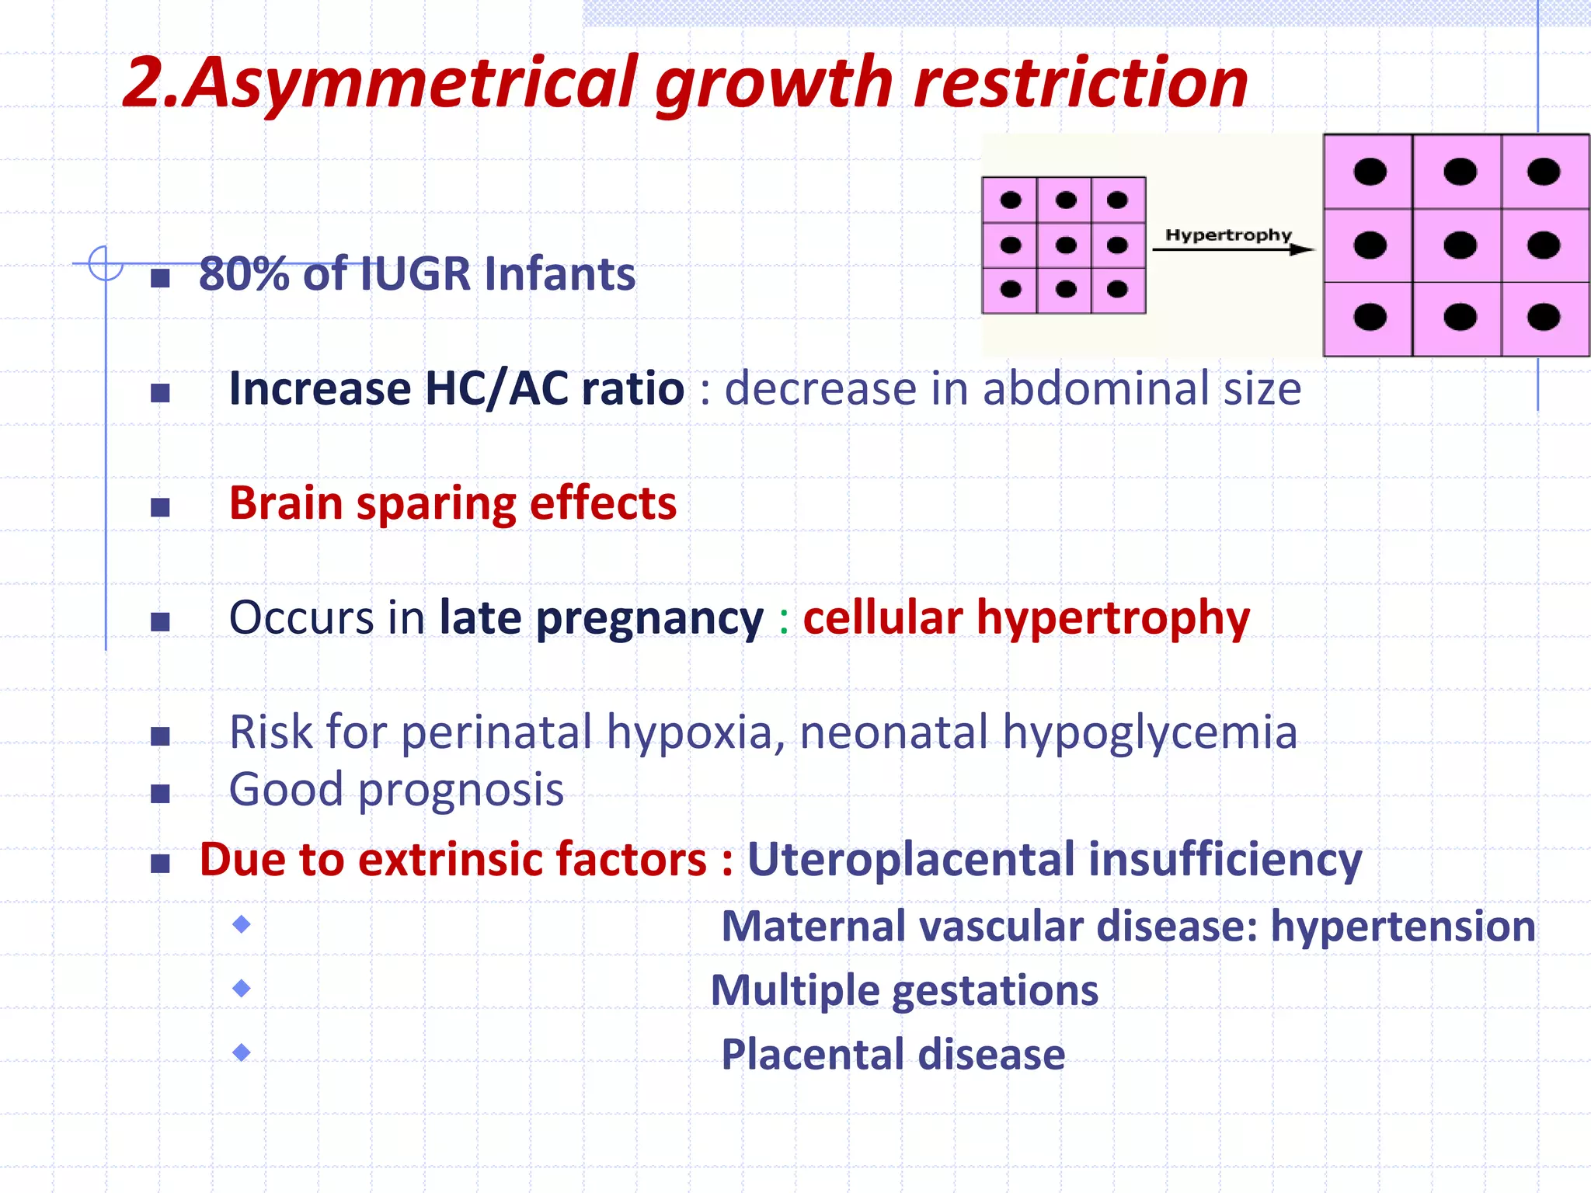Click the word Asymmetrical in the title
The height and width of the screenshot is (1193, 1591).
tap(412, 84)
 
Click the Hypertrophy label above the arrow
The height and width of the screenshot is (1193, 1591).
tap(1228, 235)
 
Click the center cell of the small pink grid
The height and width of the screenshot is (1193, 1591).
tap(1065, 245)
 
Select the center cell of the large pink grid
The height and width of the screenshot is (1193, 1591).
tap(1459, 245)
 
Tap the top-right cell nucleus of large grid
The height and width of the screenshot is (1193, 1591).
tap(1543, 172)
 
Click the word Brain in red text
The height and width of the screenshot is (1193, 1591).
tap(285, 503)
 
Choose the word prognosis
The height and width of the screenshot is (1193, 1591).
tap(461, 791)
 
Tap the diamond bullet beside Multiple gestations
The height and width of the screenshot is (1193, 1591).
tap(242, 989)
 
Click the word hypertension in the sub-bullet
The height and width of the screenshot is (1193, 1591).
tap(1402, 927)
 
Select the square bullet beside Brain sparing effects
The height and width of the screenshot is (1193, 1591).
tap(160, 508)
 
